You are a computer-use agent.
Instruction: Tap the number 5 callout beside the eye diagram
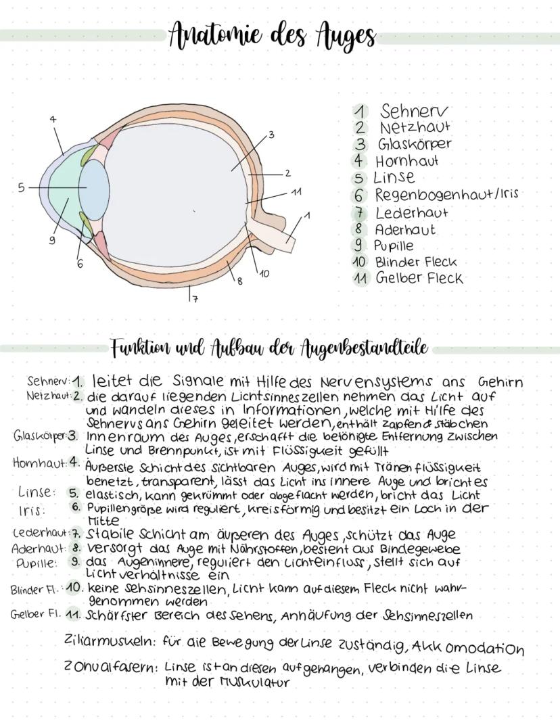[x=21, y=187]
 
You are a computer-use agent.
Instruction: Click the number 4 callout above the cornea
[x=53, y=119]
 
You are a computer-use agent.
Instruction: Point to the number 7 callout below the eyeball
[x=195, y=299]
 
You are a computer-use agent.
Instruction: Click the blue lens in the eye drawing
[x=94, y=190]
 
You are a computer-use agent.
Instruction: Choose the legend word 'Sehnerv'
[x=413, y=111]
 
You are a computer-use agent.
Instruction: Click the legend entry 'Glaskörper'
[x=415, y=144]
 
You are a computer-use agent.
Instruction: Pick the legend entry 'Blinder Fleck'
[x=415, y=262]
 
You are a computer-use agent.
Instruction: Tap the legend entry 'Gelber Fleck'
[x=419, y=277]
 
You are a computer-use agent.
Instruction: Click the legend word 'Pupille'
[x=393, y=246]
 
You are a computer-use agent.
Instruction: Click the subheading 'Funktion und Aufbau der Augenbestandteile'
[x=269, y=349]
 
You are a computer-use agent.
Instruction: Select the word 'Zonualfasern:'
[x=111, y=668]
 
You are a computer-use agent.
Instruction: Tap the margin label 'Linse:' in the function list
[x=37, y=492]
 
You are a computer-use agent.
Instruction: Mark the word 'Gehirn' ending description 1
[x=500, y=382]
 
